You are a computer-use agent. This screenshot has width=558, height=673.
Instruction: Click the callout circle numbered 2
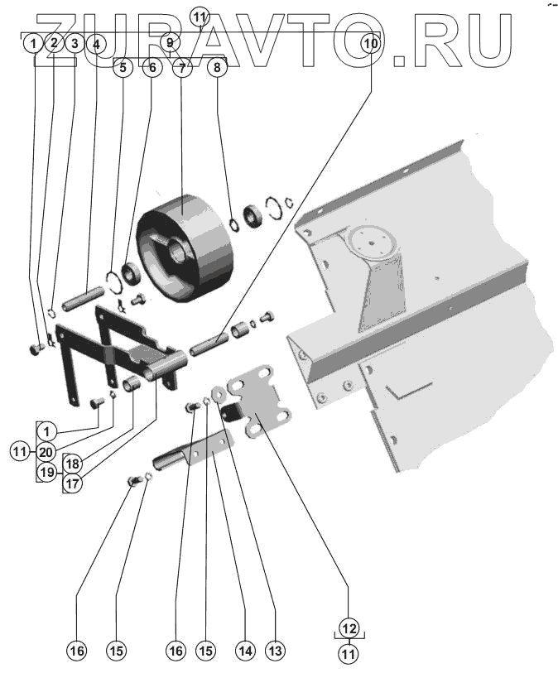53,42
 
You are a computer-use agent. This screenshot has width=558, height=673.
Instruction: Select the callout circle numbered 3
75,42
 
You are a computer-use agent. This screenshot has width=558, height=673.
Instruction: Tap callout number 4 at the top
96,42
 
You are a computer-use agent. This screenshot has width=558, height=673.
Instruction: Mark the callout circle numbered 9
170,41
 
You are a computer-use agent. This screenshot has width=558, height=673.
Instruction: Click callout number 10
371,41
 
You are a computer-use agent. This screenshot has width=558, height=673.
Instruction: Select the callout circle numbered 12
349,627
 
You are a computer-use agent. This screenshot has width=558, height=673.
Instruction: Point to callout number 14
243,651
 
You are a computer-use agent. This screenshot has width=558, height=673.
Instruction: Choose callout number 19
46,474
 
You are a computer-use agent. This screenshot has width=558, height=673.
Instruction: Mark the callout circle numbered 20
46,452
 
